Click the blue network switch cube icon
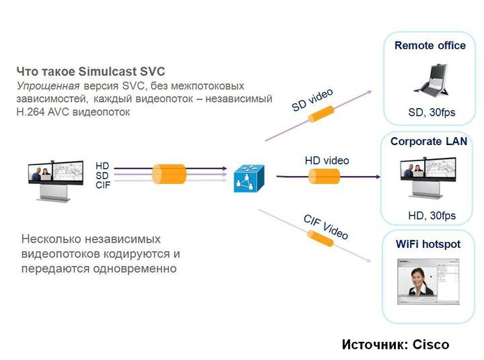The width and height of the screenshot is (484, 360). tap(249, 178)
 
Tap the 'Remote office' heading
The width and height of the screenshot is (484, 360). tap(430, 46)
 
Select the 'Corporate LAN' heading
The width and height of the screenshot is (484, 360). tap(428, 142)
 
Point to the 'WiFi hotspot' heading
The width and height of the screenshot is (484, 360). tap(428, 244)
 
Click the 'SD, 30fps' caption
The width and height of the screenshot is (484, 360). tap(432, 112)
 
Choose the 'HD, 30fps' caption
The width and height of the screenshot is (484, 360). tap(432, 216)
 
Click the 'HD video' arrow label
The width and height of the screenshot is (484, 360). tap(327, 161)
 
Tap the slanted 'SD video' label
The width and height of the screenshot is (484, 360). tap(312, 100)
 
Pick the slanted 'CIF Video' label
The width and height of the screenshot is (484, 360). tap(326, 227)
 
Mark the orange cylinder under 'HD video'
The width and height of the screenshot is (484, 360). tap(324, 177)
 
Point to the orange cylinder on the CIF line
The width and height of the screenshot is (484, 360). tap(321, 238)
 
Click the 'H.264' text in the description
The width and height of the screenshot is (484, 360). tap(30, 111)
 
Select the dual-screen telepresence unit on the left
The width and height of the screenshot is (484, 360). tap(56, 179)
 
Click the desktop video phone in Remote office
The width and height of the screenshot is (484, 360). tap(431, 79)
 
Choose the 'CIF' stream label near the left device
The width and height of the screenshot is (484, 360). tap(103, 185)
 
